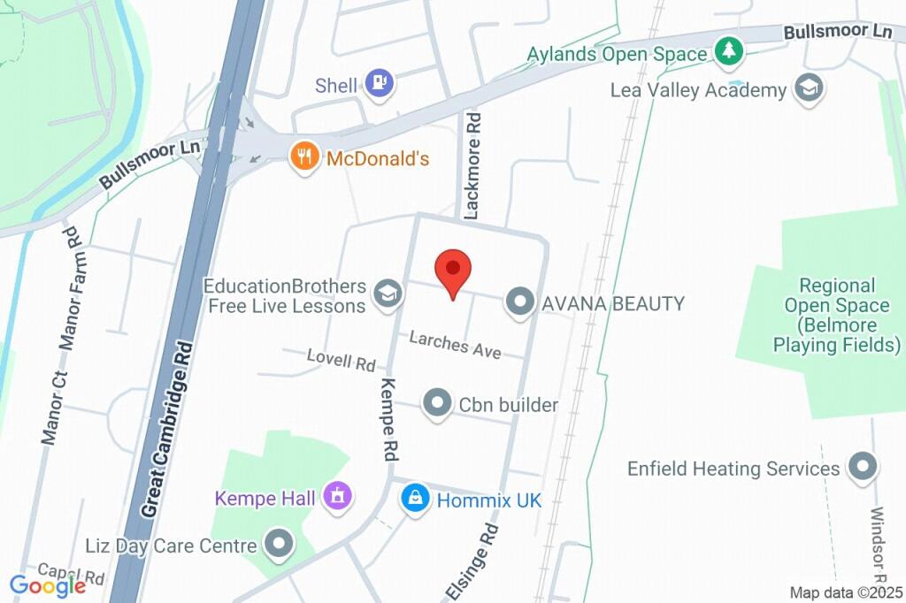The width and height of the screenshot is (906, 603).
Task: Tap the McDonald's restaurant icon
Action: pyautogui.click(x=305, y=158)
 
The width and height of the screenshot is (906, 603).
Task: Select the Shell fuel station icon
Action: pyautogui.click(x=380, y=85)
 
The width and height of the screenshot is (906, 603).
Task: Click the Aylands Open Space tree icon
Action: pyautogui.click(x=728, y=51)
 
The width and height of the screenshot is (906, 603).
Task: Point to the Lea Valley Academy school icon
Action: pyautogui.click(x=809, y=88)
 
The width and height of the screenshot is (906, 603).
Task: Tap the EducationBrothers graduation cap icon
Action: pyautogui.click(x=386, y=295)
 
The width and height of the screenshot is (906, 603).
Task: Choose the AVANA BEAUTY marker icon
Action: pyautogui.click(x=519, y=302)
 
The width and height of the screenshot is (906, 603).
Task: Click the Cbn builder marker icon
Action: pyautogui.click(x=437, y=404)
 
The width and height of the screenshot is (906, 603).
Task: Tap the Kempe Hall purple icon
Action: pyautogui.click(x=336, y=496)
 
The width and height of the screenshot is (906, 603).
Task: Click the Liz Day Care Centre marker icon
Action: pyautogui.click(x=280, y=545)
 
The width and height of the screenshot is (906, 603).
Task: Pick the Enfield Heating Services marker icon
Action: pyautogui.click(x=861, y=467)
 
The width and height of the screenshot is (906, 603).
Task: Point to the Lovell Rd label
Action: pyautogui.click(x=341, y=359)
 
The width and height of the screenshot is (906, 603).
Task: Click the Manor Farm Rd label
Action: pyautogui.click(x=70, y=287)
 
